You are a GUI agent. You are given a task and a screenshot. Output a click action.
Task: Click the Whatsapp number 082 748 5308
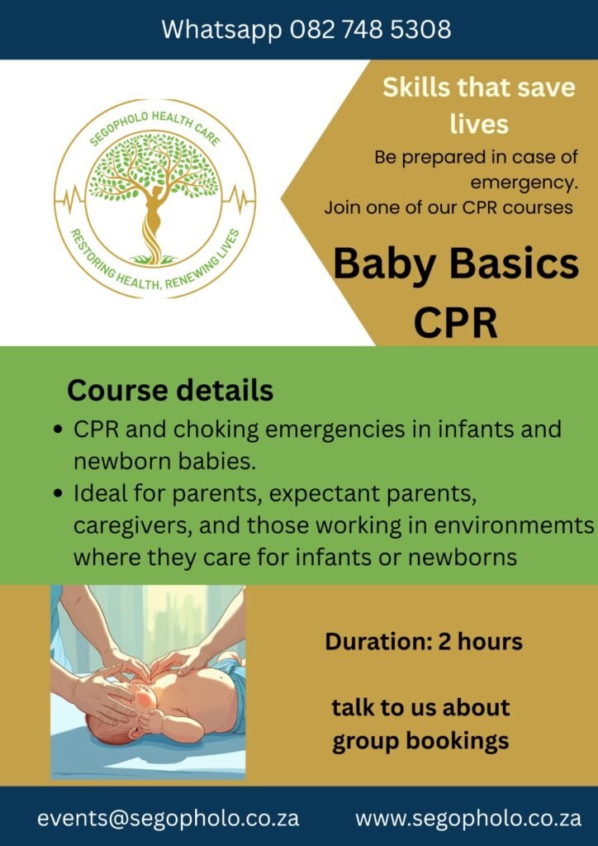(371, 30)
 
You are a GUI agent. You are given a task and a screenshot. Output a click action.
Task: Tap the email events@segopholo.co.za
(168, 818)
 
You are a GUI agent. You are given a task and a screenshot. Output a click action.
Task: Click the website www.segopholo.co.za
(468, 818)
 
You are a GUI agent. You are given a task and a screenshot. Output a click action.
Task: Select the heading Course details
(170, 390)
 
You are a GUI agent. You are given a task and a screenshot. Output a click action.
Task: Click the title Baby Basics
(455, 264)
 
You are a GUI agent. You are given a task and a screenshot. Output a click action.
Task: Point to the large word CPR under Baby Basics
(455, 322)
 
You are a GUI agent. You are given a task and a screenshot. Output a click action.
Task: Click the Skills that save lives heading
(478, 105)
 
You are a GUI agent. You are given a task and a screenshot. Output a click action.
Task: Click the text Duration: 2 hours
(424, 641)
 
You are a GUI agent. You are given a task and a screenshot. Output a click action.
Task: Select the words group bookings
(420, 741)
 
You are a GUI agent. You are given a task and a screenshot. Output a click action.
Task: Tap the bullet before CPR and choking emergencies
(58, 430)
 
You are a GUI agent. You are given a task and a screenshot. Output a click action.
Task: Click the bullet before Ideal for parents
(58, 494)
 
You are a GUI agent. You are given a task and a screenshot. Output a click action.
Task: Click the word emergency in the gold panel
(524, 181)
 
